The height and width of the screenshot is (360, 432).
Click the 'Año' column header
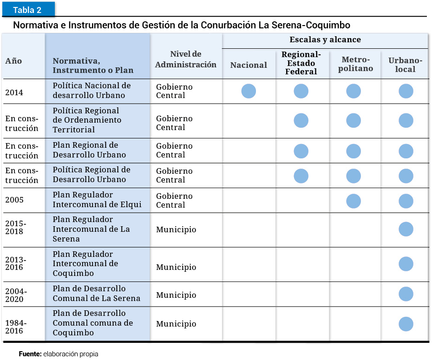(13, 61)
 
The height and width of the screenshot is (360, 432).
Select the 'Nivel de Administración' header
(185, 59)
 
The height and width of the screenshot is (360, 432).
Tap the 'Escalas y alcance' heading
(325, 40)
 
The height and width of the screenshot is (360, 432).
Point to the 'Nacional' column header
(249, 65)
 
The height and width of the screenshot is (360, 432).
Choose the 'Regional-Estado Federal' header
(301, 63)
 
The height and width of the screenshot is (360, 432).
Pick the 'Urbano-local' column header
(405, 65)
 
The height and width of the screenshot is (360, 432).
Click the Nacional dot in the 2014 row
(249, 91)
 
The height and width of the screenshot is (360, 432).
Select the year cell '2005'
(14, 200)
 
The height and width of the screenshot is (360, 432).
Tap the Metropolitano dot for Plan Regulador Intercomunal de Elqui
(353, 201)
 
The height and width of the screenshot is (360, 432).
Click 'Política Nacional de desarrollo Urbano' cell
(92, 91)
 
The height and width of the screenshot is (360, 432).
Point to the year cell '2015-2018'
(16, 227)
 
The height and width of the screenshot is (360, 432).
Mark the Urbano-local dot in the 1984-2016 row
(406, 324)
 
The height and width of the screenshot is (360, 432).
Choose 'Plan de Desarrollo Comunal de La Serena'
(96, 294)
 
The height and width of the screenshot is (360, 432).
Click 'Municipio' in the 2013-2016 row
(176, 267)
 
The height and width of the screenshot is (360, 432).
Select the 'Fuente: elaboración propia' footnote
(59, 354)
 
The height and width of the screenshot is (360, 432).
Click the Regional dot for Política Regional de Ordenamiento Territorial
(301, 120)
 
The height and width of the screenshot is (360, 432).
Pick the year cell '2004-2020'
(16, 295)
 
